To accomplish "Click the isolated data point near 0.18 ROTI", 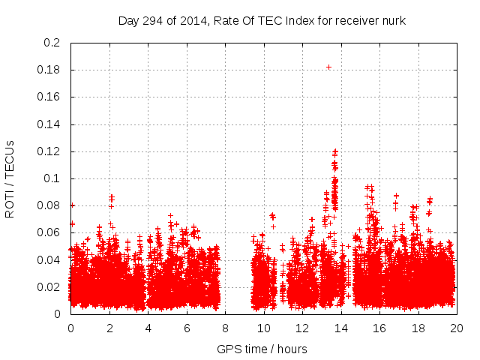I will click(328, 67).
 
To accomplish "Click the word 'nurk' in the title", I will click(391, 21).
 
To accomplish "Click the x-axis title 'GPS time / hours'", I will click(262, 349).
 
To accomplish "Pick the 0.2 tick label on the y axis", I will click(52, 43).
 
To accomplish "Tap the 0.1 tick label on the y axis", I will click(52, 178).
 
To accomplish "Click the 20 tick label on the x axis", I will click(456, 328).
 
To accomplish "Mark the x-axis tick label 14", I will click(340, 328).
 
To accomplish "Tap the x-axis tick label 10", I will click(263, 328).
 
